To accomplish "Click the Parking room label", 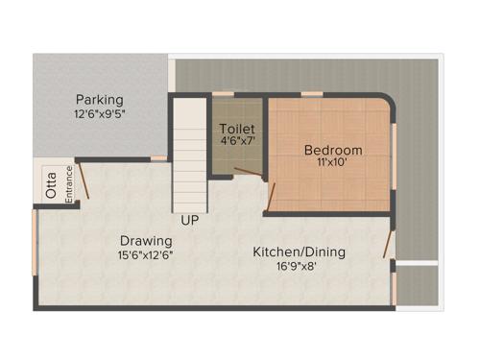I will click(100, 100).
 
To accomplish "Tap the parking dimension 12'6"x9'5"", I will click(100, 113).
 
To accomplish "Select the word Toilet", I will click(236, 129).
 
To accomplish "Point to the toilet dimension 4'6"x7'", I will click(236, 142).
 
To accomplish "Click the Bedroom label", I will click(333, 150).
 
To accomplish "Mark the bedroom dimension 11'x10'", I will click(333, 164).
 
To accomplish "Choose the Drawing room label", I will click(146, 240).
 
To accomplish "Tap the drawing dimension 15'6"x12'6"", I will click(146, 255).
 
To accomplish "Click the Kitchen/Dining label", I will click(299, 252).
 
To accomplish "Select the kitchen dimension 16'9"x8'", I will click(299, 267).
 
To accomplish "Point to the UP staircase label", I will click(190, 221).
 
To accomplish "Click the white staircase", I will click(190, 154).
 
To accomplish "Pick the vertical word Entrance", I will click(69, 184).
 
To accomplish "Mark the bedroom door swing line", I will click(273, 196).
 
